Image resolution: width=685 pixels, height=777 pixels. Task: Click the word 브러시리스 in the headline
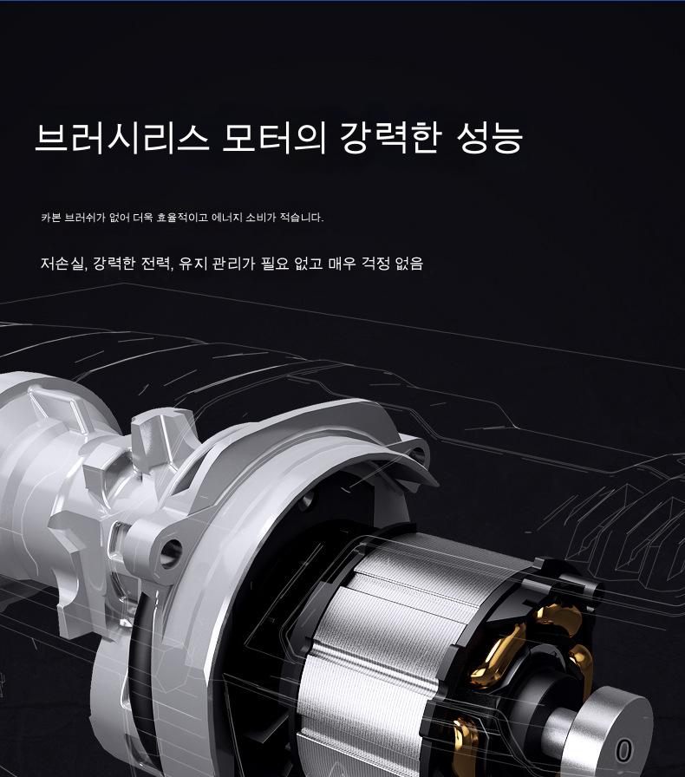pyautogui.click(x=121, y=137)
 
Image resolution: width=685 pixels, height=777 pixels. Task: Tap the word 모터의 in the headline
pyautogui.click(x=274, y=137)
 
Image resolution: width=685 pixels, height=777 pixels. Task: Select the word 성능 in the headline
pyautogui.click(x=489, y=137)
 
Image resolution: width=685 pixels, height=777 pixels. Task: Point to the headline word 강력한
pyautogui.click(x=390, y=137)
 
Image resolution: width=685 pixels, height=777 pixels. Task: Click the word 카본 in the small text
pyautogui.click(x=50, y=217)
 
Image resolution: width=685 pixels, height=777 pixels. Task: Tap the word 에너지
pyautogui.click(x=227, y=217)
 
